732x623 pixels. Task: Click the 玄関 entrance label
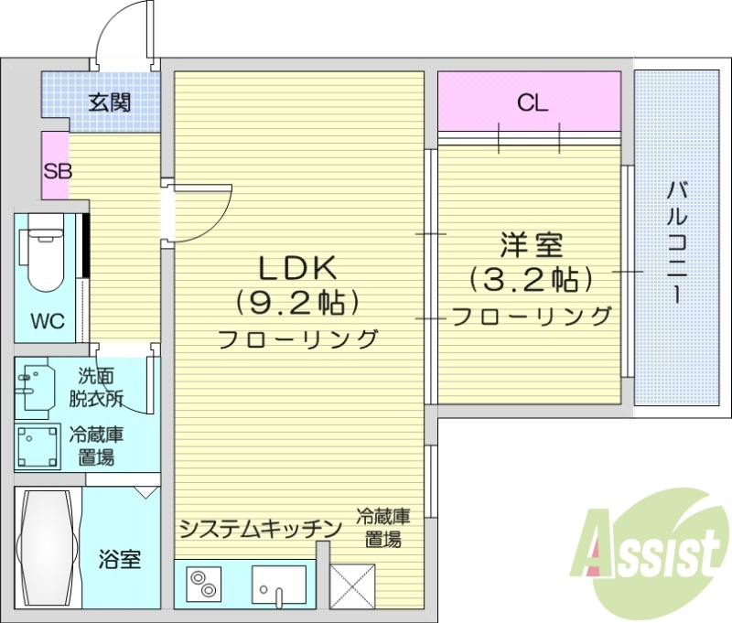(108, 102)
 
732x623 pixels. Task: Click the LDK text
(299, 267)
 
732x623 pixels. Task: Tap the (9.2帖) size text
(296, 301)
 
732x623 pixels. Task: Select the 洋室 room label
(532, 245)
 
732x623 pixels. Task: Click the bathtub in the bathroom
(47, 547)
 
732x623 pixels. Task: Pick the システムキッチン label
(260, 528)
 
